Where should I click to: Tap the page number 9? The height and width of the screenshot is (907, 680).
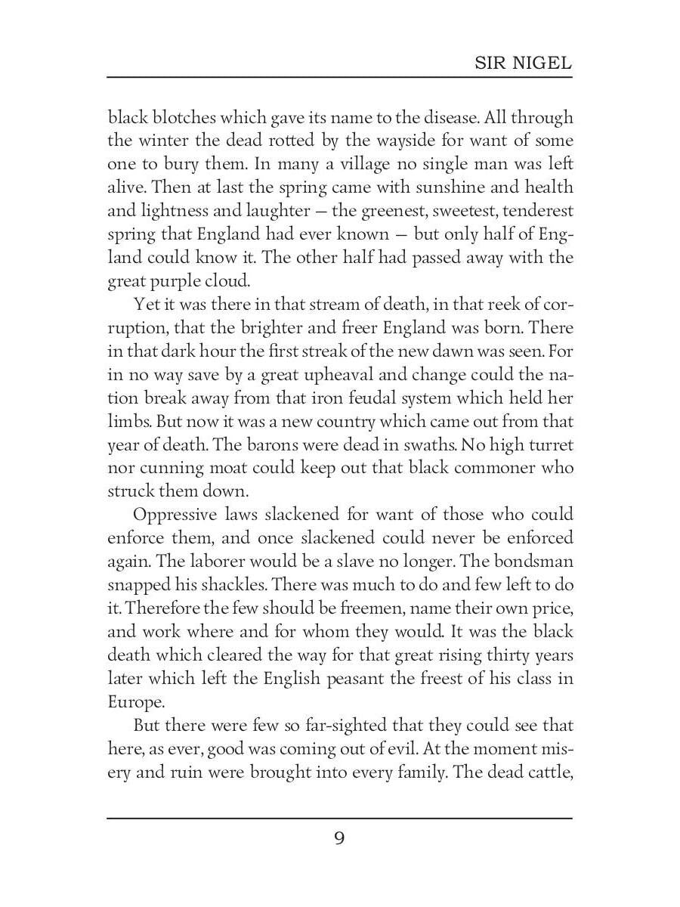click(x=339, y=838)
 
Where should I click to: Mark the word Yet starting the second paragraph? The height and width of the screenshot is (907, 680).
click(x=146, y=305)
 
